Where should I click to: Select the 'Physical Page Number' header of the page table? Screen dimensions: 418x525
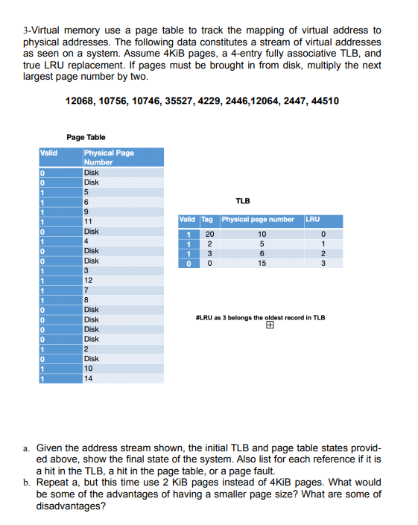109,157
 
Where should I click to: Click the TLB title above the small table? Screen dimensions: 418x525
242,201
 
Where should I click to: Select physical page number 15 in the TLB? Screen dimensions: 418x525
260,262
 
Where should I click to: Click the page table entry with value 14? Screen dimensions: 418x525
89,378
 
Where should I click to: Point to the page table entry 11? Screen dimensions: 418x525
89,221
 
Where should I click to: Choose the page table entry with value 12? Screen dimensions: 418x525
89,280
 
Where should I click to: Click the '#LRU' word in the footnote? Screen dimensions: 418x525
201,317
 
